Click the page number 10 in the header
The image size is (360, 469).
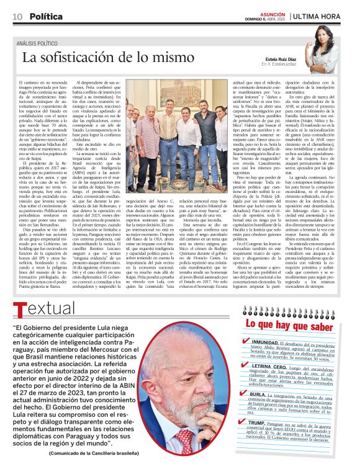[x=17, y=16]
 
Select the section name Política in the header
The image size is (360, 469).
[x=46, y=16]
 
